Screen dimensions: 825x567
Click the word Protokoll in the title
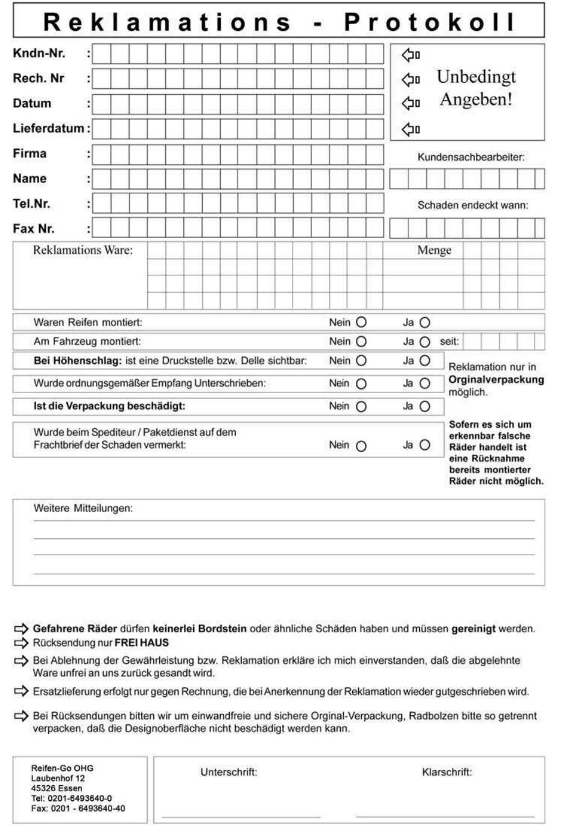(430, 22)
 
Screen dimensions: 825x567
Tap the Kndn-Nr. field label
(39, 53)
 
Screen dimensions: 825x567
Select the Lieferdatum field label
(48, 128)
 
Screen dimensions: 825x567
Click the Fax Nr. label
(34, 228)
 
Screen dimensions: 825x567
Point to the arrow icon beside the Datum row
(411, 103)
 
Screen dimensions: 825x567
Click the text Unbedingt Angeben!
(476, 88)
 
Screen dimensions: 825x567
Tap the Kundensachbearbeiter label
(470, 157)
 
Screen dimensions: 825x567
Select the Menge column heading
(434, 250)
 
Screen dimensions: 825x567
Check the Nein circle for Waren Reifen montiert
(361, 323)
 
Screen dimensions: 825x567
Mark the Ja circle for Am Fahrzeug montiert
(425, 342)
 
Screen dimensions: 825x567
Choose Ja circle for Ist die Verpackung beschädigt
(425, 406)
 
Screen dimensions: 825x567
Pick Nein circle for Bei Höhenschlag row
(361, 361)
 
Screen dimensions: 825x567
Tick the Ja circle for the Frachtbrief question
(425, 445)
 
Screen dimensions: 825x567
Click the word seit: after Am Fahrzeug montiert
(449, 341)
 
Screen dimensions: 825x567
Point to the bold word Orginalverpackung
(496, 379)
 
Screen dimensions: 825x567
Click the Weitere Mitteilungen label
(83, 509)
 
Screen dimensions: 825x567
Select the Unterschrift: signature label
(229, 772)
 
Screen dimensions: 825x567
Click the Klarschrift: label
(446, 772)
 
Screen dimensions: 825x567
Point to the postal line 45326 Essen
(57, 788)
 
